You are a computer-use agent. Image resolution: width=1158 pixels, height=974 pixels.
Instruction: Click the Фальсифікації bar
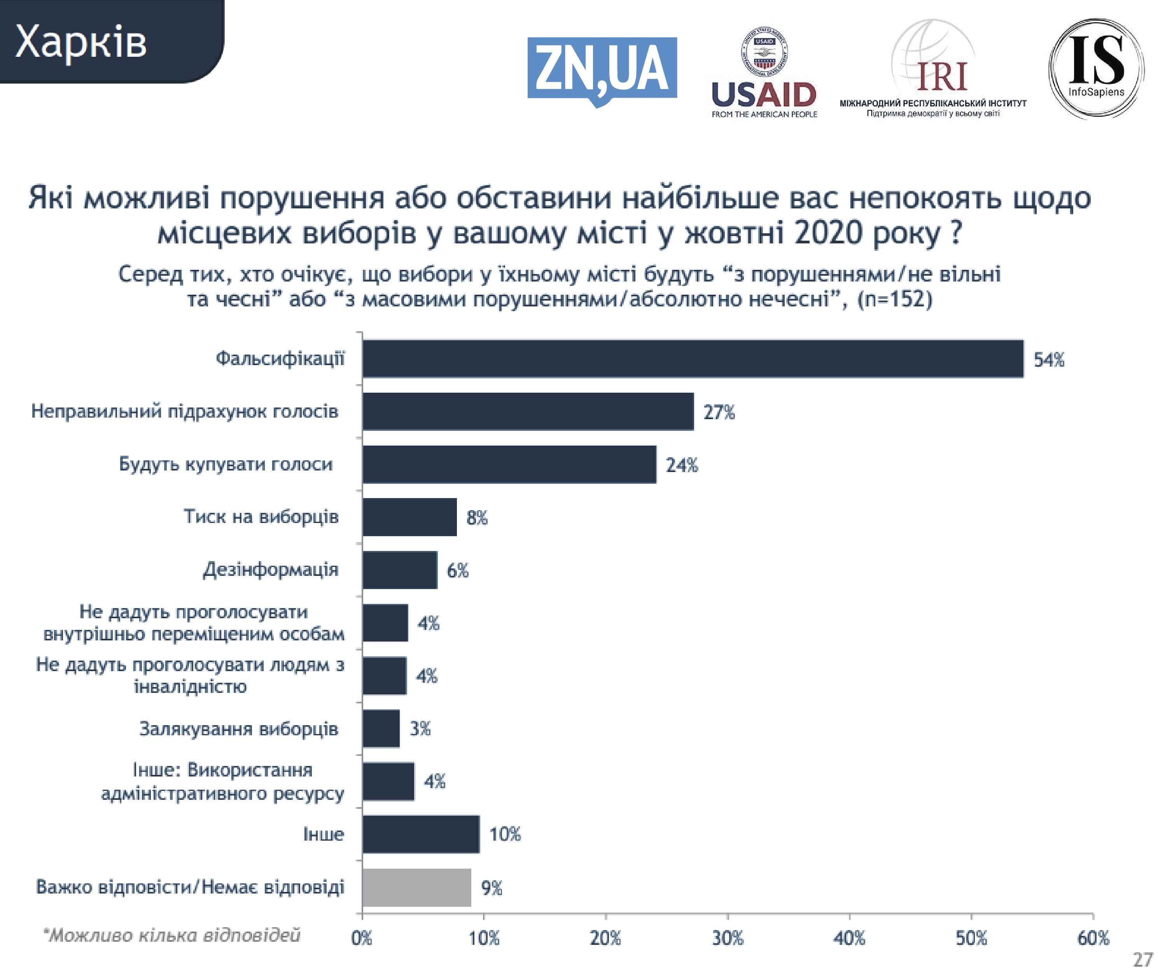click(x=693, y=359)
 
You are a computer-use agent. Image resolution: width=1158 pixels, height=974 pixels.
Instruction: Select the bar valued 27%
click(x=528, y=411)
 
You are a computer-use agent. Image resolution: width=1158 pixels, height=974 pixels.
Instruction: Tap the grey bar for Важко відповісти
click(x=417, y=887)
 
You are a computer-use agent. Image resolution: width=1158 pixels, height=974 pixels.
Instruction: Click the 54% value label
click(x=1048, y=360)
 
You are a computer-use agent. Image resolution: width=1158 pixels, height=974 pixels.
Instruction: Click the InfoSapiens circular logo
click(x=1096, y=69)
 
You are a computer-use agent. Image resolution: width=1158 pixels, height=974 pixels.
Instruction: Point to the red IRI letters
click(x=942, y=76)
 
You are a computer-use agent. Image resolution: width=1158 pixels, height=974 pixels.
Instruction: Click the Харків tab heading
click(x=81, y=42)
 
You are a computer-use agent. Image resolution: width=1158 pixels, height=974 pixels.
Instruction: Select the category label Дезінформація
click(x=271, y=569)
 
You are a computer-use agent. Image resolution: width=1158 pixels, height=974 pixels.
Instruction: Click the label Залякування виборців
click(x=238, y=728)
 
